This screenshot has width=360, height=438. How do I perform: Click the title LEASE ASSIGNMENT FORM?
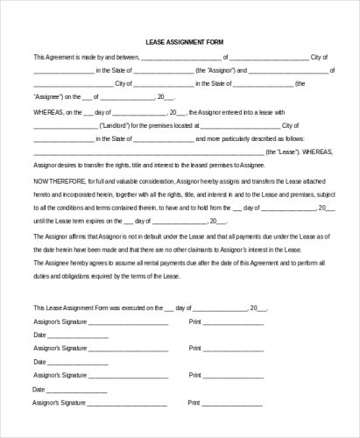click(x=180, y=40)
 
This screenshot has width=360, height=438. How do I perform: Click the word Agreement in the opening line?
click(x=59, y=58)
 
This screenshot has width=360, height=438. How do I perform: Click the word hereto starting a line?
click(x=44, y=194)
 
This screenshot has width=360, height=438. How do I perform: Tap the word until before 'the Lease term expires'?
click(x=40, y=221)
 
